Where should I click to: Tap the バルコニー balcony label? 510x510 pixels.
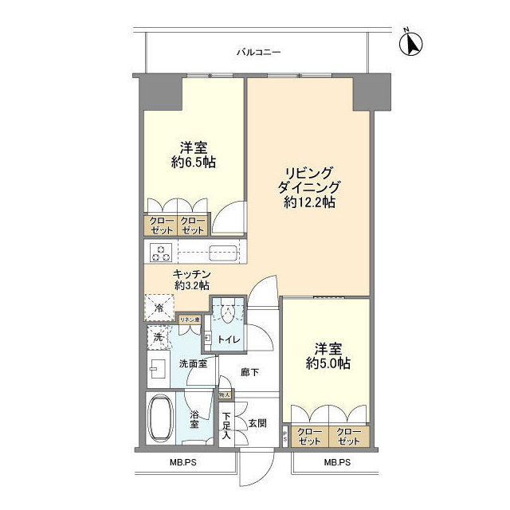(258, 53)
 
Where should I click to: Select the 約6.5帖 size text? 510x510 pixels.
(193, 162)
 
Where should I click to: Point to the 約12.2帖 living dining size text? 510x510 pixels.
(308, 202)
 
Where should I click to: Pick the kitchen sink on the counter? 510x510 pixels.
(221, 253)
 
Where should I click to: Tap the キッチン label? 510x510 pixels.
(191, 273)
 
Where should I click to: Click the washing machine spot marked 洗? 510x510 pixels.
(157, 338)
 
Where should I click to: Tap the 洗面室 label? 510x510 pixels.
(192, 364)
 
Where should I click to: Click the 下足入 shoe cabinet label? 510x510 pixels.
(226, 426)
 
